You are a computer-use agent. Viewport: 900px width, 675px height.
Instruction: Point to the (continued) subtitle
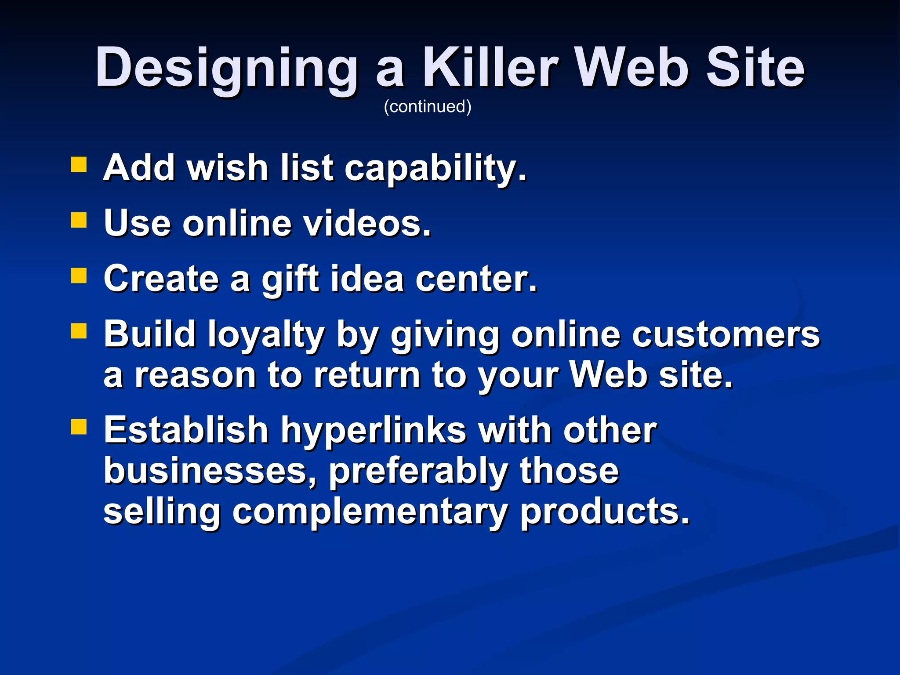point(428,107)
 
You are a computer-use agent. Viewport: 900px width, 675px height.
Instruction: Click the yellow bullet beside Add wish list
point(79,165)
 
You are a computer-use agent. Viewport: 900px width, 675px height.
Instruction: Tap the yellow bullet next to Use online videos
point(79,220)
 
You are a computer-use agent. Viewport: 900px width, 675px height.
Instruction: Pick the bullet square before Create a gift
point(79,276)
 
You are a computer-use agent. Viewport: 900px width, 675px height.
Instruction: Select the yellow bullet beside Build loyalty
point(79,331)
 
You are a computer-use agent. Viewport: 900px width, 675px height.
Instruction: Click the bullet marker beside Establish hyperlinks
point(79,426)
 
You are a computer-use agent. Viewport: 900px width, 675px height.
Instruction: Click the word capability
point(435,169)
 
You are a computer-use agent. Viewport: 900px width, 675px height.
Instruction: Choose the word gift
point(290,279)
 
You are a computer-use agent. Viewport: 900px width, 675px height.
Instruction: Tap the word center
point(476,279)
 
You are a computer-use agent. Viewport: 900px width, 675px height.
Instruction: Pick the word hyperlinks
point(373,431)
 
